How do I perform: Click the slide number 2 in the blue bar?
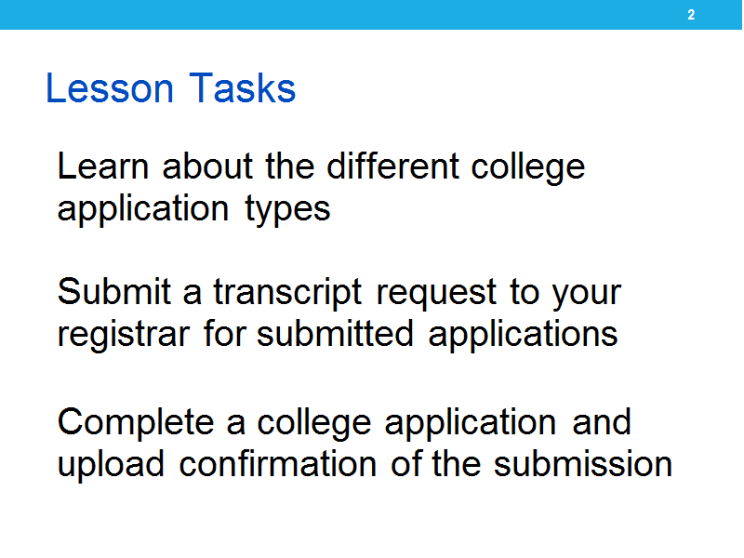pyautogui.click(x=691, y=15)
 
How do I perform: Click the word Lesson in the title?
pyautogui.click(x=110, y=88)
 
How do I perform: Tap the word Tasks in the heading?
pyautogui.click(x=243, y=88)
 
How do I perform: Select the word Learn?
pyautogui.click(x=103, y=166)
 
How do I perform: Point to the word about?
pyautogui.click(x=207, y=166)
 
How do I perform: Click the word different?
pyautogui.click(x=392, y=166)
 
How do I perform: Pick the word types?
pyautogui.click(x=287, y=209)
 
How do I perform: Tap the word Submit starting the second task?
pyautogui.click(x=113, y=291)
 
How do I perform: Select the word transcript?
pyautogui.click(x=287, y=292)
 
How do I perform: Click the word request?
pyautogui.click(x=436, y=293)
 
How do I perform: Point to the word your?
pyautogui.click(x=587, y=294)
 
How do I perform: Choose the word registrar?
pyautogui.click(x=124, y=335)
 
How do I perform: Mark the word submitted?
pyautogui.click(x=335, y=333)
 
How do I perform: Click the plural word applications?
pyautogui.click(x=523, y=335)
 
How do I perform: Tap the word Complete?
pyautogui.click(x=136, y=423)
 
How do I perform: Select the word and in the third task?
pyautogui.click(x=602, y=421)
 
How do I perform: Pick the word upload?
pyautogui.click(x=111, y=464)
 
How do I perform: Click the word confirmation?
pyautogui.click(x=277, y=463)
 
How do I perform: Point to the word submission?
pyautogui.click(x=583, y=463)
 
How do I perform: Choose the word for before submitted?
pyautogui.click(x=225, y=333)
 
